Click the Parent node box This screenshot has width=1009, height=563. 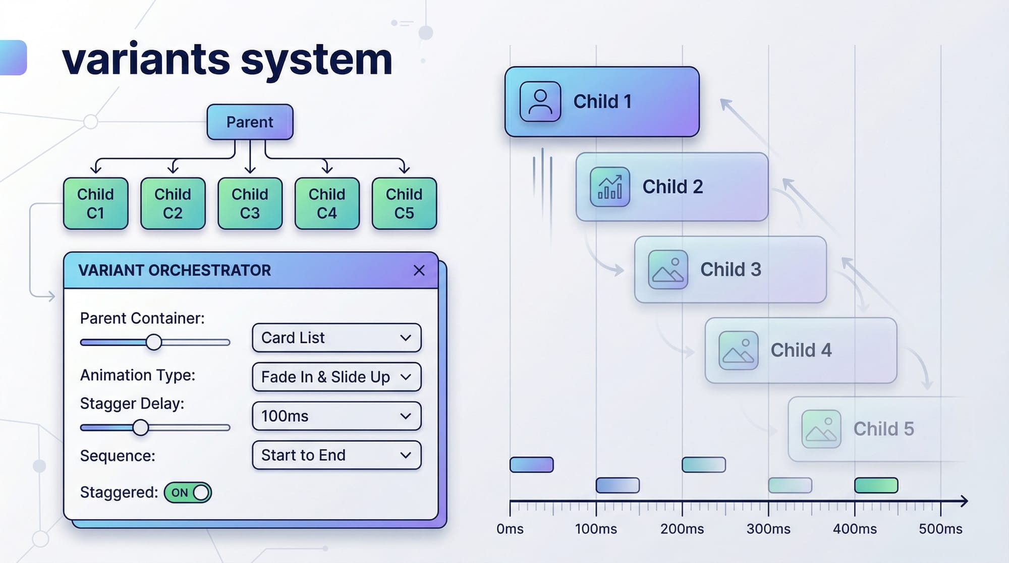(x=250, y=122)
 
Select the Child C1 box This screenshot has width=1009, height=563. (x=95, y=203)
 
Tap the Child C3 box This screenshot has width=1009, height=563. (x=250, y=203)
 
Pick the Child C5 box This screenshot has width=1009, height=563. (x=404, y=203)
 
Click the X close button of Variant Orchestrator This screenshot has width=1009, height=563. (x=419, y=270)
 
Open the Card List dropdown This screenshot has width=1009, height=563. (x=337, y=337)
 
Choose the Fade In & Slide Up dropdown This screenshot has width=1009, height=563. (x=337, y=377)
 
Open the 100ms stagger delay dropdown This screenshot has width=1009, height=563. (x=337, y=416)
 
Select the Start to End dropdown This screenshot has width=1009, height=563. (x=337, y=455)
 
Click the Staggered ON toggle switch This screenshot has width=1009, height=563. (x=188, y=492)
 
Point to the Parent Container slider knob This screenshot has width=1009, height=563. (x=154, y=342)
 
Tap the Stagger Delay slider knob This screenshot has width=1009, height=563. (x=141, y=427)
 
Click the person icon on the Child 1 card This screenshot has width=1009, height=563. (x=540, y=101)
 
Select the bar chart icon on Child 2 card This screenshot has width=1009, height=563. (x=609, y=187)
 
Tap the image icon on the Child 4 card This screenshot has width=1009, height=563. (x=738, y=350)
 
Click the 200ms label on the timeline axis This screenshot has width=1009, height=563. (x=682, y=529)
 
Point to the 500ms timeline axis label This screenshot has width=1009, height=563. (x=940, y=529)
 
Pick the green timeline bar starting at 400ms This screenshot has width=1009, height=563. (x=876, y=485)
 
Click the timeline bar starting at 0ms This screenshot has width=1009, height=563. (x=531, y=465)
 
